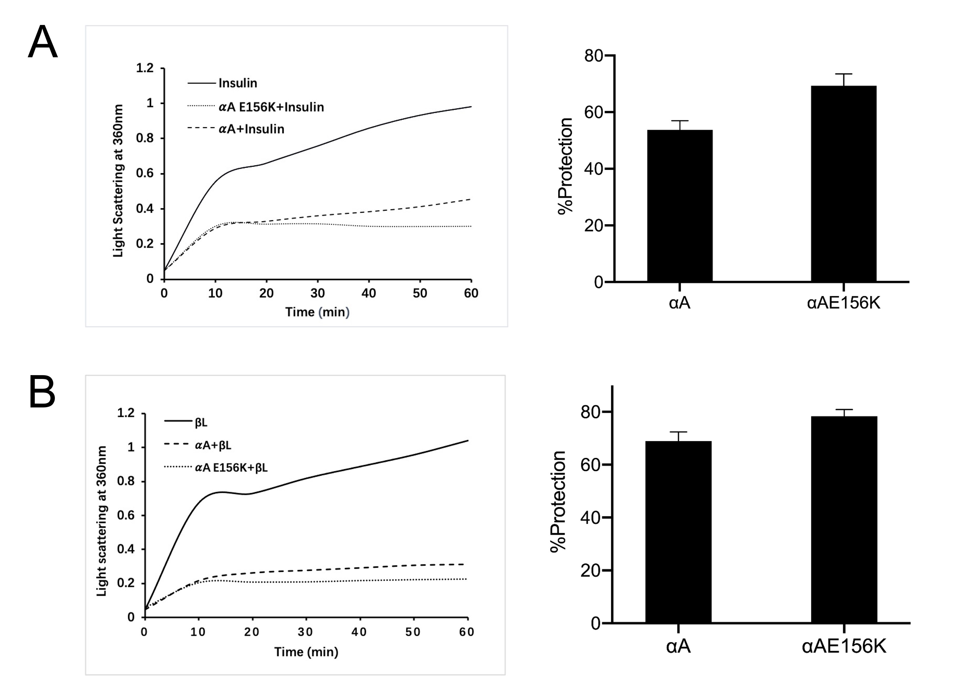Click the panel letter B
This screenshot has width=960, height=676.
point(42,392)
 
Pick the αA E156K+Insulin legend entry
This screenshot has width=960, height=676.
point(271,107)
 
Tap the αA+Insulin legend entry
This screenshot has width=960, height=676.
point(251,129)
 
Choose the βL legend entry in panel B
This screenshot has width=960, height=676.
point(201,423)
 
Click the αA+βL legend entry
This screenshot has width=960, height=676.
point(213,445)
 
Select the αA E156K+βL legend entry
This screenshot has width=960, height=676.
point(231,467)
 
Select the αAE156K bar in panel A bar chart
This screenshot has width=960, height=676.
point(843,184)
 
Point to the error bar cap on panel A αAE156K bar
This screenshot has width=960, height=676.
point(844,74)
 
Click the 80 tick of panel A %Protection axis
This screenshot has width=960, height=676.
point(593,55)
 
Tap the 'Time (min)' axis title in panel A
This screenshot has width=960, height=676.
point(317,312)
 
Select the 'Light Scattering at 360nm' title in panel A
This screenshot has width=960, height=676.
point(118,181)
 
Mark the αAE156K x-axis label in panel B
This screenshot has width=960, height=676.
point(844,647)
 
